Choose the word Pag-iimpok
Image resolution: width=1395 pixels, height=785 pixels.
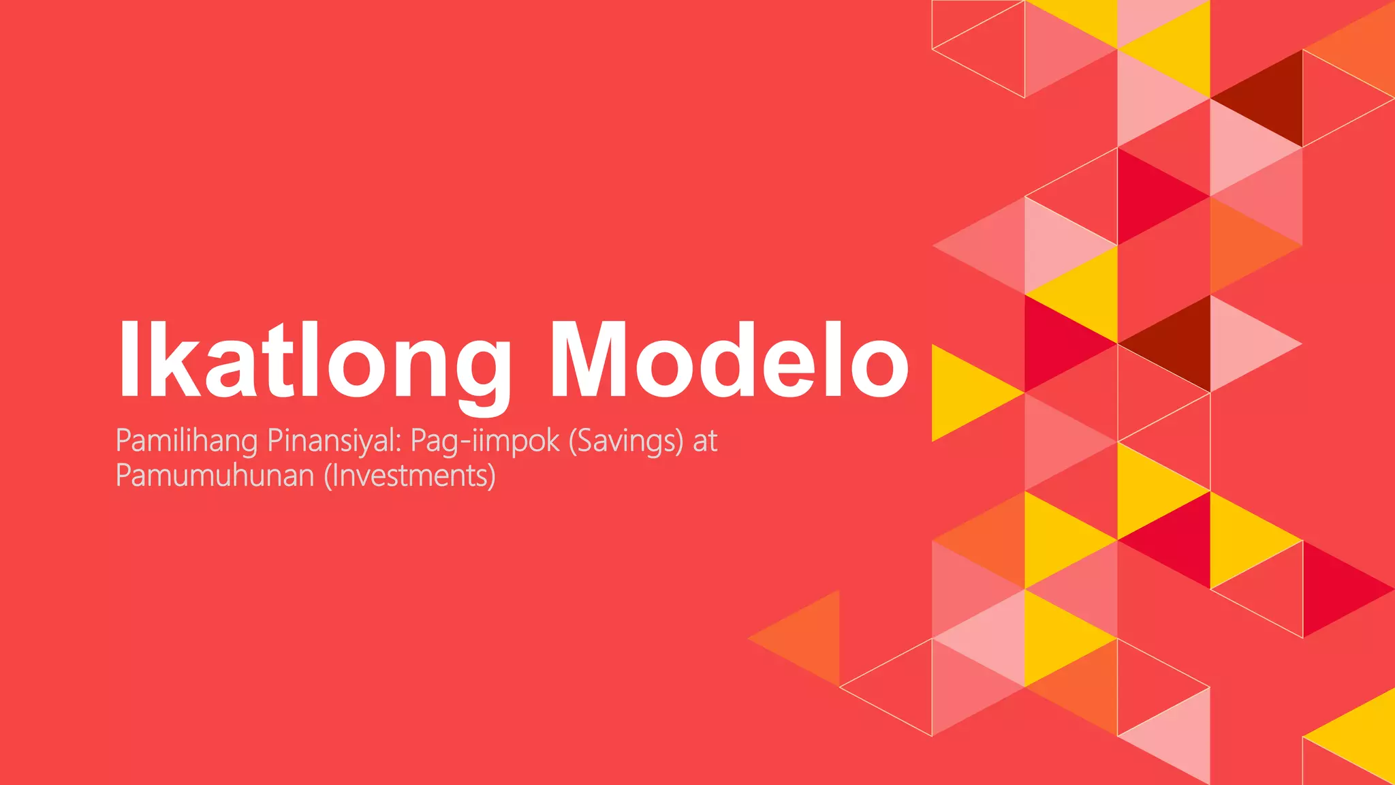(x=484, y=441)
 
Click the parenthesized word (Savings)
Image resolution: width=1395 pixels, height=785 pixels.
(x=625, y=441)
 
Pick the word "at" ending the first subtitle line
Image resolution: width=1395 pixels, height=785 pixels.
(x=705, y=441)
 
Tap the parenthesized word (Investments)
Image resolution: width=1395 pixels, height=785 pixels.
(x=409, y=475)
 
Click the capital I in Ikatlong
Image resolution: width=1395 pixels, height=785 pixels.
(x=129, y=360)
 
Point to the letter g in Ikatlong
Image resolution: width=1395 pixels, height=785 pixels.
(x=479, y=371)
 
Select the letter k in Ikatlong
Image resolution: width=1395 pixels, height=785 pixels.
(x=170, y=360)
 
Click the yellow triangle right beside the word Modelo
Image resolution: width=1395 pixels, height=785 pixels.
(x=964, y=393)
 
